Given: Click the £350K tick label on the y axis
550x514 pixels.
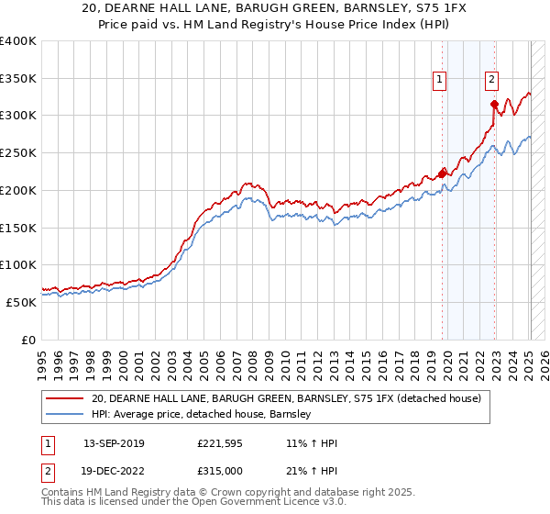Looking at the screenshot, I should click(18, 79).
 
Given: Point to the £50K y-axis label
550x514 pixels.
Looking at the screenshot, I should click(22, 302).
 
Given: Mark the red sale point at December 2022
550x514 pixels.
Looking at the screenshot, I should click(494, 105).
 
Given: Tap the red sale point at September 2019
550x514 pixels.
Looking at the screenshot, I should click(442, 173).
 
